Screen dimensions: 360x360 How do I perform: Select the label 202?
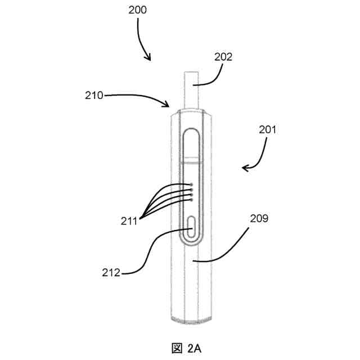pos(223,57)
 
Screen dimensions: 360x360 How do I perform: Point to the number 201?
pos(268,129)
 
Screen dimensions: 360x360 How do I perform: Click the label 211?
pos(129,222)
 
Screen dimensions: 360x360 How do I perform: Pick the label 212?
pos(111,273)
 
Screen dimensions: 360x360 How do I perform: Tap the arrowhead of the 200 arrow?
pos(149,58)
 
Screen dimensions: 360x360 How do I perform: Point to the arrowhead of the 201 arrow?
pos(244,168)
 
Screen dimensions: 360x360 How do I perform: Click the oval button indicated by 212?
pos(192,226)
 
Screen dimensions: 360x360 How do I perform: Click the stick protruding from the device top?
pos(190,90)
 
